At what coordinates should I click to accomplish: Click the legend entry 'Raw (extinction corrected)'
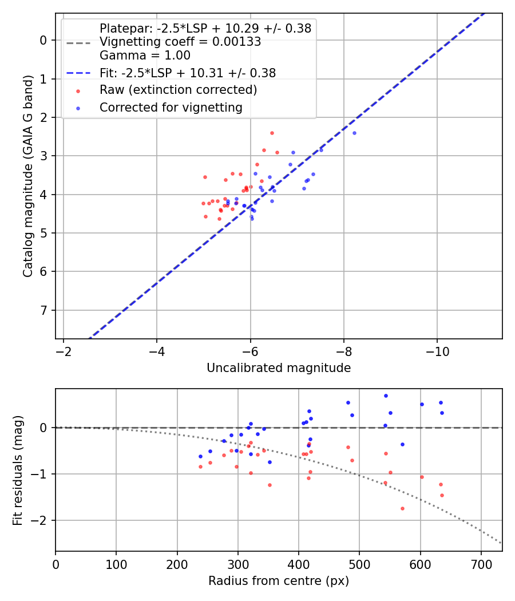pyautogui.click(x=178, y=90)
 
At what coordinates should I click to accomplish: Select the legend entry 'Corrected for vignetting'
pyautogui.click(x=171, y=107)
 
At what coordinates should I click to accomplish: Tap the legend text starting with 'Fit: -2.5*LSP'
pyautogui.click(x=188, y=73)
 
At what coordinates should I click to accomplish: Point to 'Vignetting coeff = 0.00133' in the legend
pyautogui.click(x=180, y=42)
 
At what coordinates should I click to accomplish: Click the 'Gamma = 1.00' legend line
pyautogui.click(x=145, y=56)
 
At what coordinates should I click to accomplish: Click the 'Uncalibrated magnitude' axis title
pyautogui.click(x=279, y=368)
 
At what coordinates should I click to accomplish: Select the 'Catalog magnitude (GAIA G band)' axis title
pyautogui.click(x=28, y=176)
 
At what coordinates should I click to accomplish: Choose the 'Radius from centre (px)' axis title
pyautogui.click(x=279, y=581)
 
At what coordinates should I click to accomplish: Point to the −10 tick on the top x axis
pyautogui.click(x=437, y=350)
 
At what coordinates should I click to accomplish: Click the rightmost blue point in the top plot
pyautogui.click(x=354, y=133)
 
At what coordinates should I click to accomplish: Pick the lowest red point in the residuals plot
pyautogui.click(x=402, y=508)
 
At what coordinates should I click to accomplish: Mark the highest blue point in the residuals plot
pyautogui.click(x=386, y=396)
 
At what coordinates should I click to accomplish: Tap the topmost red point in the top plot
pyautogui.click(x=272, y=133)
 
